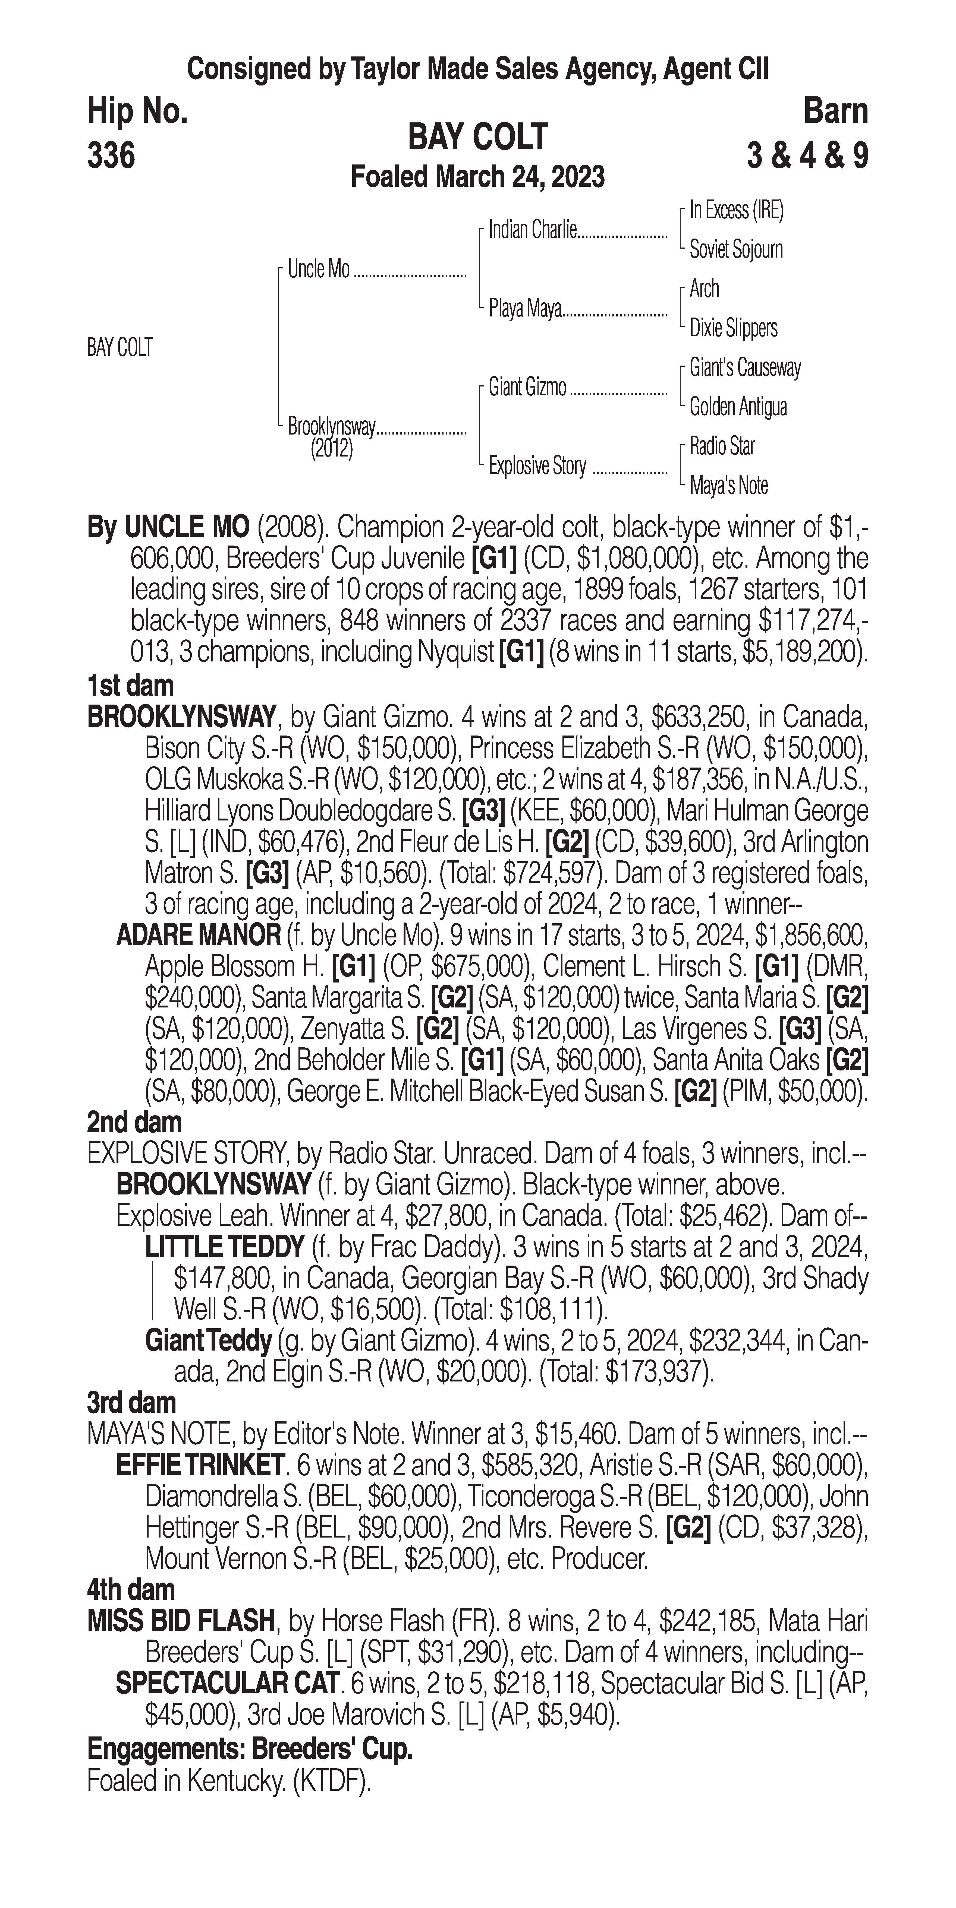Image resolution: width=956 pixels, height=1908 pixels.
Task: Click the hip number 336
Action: coord(111,156)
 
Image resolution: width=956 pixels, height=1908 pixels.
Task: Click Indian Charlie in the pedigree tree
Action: coord(532,230)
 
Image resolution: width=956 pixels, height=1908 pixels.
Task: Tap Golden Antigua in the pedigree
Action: coord(738,407)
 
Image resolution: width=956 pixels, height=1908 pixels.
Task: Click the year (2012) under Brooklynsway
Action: coord(331,449)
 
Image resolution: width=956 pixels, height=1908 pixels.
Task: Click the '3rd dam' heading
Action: coord(132,1403)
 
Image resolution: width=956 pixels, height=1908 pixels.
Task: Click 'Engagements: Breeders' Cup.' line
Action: coord(250,1749)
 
